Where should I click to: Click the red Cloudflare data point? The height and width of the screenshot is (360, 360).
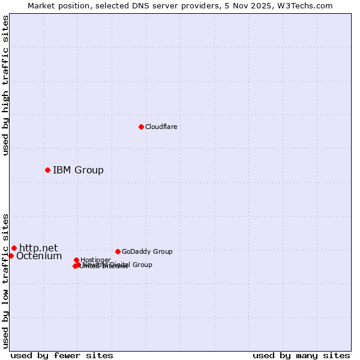tap(141, 127)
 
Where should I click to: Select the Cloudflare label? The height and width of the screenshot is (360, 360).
tap(161, 127)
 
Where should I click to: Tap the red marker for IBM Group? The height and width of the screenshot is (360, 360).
tap(47, 170)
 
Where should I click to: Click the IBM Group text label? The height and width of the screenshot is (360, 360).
tap(78, 170)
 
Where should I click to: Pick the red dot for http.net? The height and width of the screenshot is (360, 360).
tap(14, 248)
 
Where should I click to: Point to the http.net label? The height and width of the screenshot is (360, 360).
tap(38, 248)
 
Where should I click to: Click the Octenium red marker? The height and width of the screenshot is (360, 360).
tap(11, 256)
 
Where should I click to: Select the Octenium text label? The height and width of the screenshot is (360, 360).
tap(39, 256)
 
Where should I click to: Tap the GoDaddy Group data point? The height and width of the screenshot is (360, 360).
tap(118, 251)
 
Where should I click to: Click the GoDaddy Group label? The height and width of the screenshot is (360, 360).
tap(147, 251)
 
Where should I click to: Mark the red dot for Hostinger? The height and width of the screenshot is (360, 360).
tap(76, 260)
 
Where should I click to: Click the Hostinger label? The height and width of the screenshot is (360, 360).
tap(95, 260)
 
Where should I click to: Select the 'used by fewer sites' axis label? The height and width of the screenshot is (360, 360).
tap(62, 355)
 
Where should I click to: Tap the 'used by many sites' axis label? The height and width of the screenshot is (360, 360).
tap(301, 355)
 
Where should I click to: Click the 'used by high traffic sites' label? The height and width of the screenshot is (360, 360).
tap(6, 85)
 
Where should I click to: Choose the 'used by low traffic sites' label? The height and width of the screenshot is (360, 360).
tap(6, 281)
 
